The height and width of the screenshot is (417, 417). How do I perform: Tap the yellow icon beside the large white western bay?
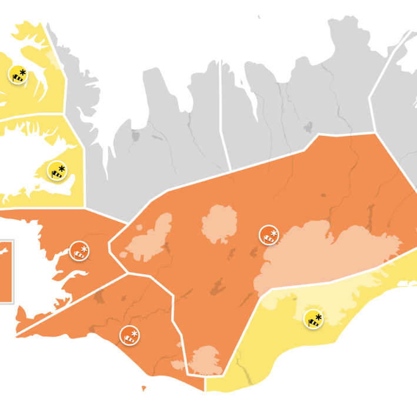[57, 172]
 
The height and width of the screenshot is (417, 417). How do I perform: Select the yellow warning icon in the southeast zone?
[313, 319]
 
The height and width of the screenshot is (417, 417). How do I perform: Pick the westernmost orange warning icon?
[79, 251]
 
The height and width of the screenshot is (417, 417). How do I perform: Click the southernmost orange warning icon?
[130, 336]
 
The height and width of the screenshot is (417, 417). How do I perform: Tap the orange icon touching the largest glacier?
[269, 235]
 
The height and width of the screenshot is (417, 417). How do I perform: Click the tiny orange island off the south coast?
[144, 388]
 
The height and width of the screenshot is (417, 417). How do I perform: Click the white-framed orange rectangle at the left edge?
[5, 272]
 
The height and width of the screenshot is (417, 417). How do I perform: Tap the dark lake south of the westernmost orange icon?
[97, 296]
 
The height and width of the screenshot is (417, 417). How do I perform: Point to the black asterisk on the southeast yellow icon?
[319, 316]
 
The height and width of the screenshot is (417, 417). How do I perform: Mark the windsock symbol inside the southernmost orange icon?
[128, 338]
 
